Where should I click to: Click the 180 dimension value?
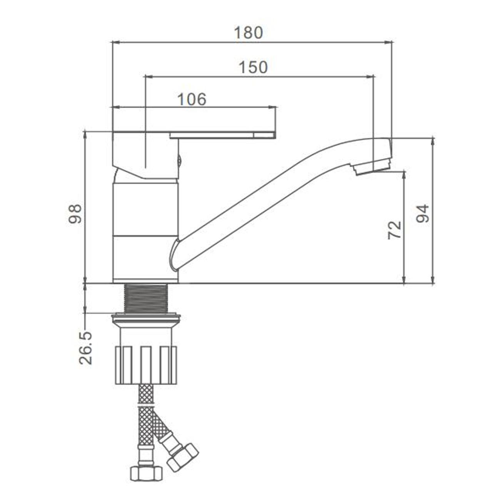pos(248,33)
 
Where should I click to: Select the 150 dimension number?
pos(253,67)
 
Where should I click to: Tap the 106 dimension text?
pos(192,99)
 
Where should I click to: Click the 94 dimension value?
pos(423,213)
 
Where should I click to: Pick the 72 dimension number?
pos(395,230)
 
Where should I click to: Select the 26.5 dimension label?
pos(86,348)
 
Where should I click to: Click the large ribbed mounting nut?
pos(146,364)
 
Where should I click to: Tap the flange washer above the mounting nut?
pos(146,318)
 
